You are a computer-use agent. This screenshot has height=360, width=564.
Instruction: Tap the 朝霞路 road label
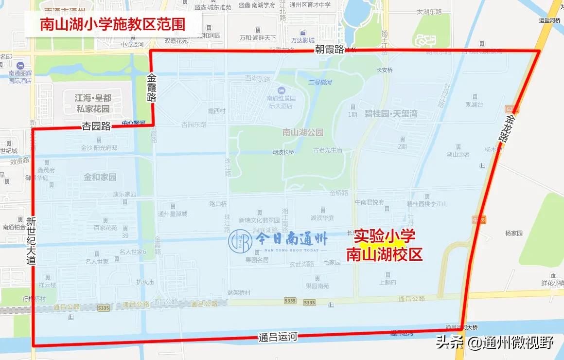tap(329, 49)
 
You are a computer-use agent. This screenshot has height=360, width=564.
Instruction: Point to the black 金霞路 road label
tap(152, 87)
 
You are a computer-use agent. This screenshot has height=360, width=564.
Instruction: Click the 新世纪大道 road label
tap(32, 240)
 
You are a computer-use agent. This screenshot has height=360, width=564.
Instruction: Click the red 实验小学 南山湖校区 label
tap(384, 245)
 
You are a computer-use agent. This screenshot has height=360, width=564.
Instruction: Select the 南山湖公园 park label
tap(302, 132)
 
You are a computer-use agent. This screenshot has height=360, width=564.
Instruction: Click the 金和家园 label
tap(100, 177)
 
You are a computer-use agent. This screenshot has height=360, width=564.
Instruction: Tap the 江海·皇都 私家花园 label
tap(93, 103)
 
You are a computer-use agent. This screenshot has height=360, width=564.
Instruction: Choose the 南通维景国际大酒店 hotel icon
tap(281, 90)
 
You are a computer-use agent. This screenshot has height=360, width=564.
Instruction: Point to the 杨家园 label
tap(513, 233)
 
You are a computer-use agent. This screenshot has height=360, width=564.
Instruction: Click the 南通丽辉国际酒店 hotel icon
tap(20, 66)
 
